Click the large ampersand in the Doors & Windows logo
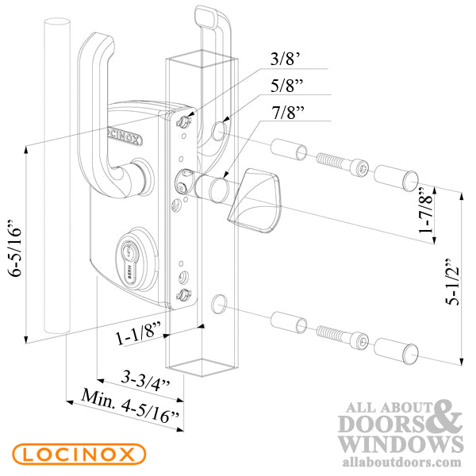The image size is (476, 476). click(x=446, y=416)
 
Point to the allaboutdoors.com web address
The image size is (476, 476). click(x=401, y=461)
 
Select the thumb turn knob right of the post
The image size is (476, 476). click(x=250, y=198)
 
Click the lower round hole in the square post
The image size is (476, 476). click(x=219, y=302)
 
